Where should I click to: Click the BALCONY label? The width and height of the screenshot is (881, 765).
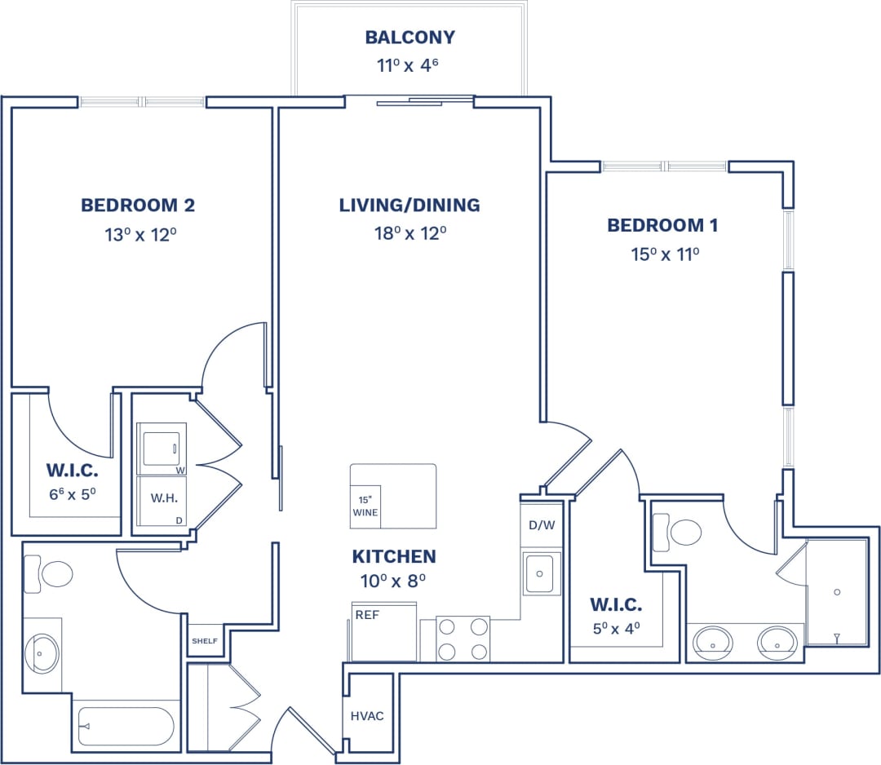click(x=410, y=38)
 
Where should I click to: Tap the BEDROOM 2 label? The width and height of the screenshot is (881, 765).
click(x=138, y=206)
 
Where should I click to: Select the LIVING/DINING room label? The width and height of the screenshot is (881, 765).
click(x=410, y=206)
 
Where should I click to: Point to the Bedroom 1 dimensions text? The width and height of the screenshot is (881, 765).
click(x=665, y=254)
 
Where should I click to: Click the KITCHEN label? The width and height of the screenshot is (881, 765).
click(x=393, y=557)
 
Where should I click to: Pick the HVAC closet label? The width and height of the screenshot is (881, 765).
click(x=367, y=716)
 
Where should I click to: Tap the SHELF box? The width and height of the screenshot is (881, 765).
click(x=205, y=641)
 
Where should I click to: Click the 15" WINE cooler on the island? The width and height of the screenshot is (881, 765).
click(x=365, y=506)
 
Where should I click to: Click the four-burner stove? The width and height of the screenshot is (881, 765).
click(x=463, y=639)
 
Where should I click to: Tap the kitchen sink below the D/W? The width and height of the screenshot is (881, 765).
click(x=538, y=573)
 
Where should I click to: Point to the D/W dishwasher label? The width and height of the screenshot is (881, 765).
click(x=542, y=524)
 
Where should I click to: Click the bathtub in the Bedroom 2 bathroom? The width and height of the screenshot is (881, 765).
click(x=126, y=726)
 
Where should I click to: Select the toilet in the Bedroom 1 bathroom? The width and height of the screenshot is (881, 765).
click(x=678, y=533)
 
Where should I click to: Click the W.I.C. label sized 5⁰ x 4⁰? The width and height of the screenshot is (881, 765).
click(x=616, y=605)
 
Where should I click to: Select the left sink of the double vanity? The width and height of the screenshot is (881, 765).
click(x=713, y=642)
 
